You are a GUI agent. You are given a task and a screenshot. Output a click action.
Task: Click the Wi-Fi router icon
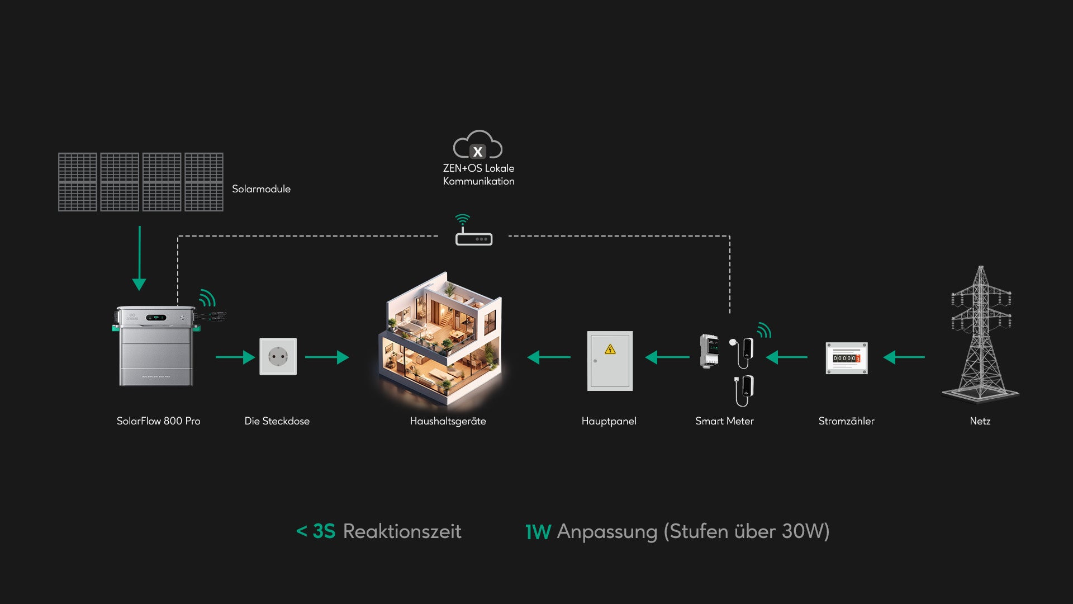pyautogui.click(x=474, y=238)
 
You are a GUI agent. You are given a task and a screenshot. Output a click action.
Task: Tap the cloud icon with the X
pyautogui.click(x=478, y=145)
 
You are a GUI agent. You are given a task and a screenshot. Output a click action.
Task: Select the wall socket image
pyautogui.click(x=278, y=356)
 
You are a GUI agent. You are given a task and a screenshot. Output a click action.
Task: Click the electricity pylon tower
pyautogui.click(x=981, y=336)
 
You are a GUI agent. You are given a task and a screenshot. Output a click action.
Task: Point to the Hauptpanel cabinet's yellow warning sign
pyautogui.click(x=610, y=350)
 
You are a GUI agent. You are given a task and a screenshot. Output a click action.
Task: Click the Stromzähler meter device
pyautogui.click(x=847, y=358)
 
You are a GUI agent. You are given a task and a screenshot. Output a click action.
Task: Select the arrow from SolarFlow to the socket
pyautogui.click(x=235, y=357)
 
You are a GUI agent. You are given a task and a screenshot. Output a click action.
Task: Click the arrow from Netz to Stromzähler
pyautogui.click(x=904, y=357)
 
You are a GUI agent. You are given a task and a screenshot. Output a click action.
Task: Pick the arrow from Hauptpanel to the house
pyautogui.click(x=549, y=357)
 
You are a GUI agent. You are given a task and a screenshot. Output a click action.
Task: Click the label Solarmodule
pyautogui.click(x=261, y=189)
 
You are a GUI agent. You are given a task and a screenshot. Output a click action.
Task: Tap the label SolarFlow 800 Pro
pyautogui.click(x=158, y=421)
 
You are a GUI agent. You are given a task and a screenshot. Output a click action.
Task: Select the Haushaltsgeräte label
pyautogui.click(x=448, y=421)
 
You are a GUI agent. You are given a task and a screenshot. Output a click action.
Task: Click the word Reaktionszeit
pyautogui.click(x=402, y=531)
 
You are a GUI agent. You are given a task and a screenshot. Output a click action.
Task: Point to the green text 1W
pyautogui.click(x=538, y=532)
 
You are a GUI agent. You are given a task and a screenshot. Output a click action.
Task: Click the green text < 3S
pyautogui.click(x=316, y=531)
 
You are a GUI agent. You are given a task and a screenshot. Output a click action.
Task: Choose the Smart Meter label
pyautogui.click(x=724, y=421)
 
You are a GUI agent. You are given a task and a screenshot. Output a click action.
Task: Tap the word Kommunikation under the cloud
pyautogui.click(x=478, y=181)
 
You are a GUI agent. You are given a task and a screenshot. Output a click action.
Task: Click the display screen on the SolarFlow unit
pyautogui.click(x=156, y=318)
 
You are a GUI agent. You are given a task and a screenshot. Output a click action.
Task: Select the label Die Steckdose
pyautogui.click(x=277, y=421)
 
